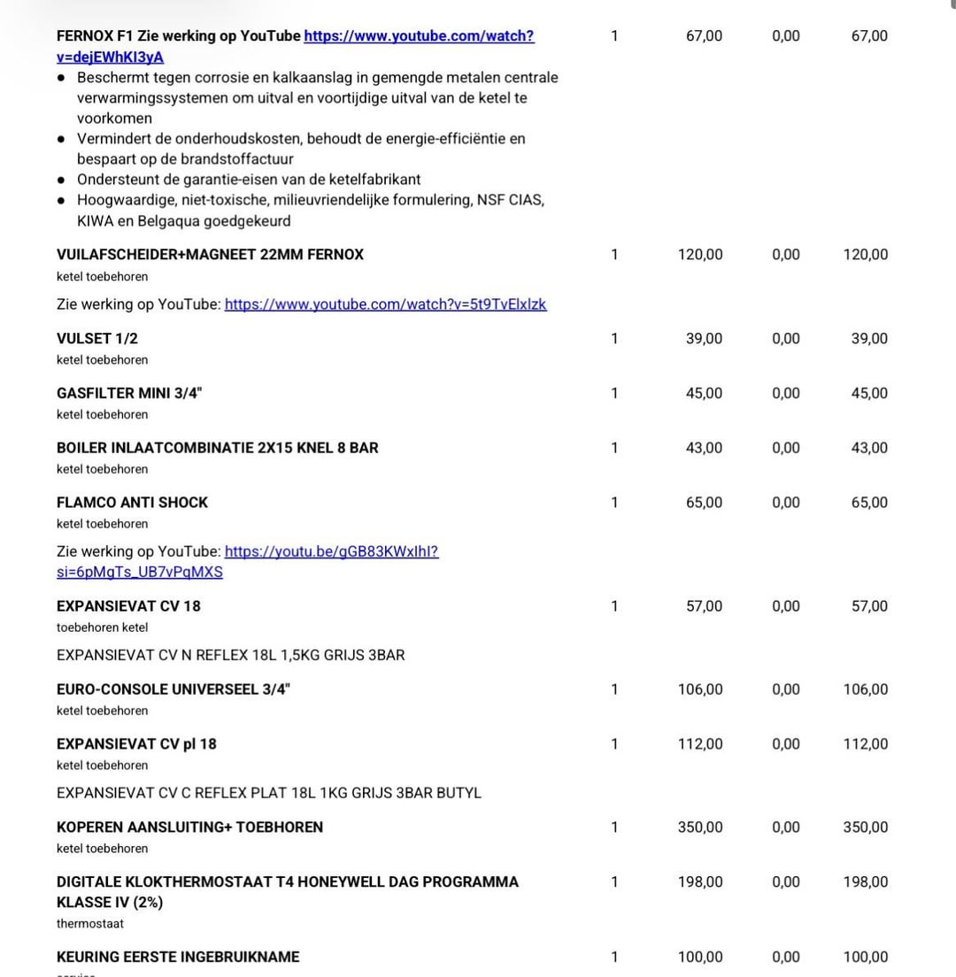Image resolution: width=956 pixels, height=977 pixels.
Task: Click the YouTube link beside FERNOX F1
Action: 418,36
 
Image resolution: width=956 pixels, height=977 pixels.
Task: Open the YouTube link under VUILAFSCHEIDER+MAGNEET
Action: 385,304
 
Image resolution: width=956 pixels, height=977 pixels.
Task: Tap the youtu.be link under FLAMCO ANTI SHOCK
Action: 331,551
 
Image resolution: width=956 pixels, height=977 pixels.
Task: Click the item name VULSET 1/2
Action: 97,338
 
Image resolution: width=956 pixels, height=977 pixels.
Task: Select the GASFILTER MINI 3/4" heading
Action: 129,393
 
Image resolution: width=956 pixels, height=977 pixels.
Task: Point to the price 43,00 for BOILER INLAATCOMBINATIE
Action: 704,448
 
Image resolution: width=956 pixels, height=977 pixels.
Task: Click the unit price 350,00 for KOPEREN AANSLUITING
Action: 700,827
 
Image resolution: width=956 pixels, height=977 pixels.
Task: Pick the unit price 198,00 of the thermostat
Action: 700,881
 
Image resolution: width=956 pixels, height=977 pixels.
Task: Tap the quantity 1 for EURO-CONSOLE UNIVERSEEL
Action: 614,689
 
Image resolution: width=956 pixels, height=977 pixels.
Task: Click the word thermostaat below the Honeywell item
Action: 90,923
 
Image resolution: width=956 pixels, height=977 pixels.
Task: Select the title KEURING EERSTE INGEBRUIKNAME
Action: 178,957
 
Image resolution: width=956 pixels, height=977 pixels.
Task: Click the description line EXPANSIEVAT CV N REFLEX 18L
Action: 230,655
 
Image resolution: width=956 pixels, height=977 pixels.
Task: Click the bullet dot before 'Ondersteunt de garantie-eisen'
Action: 61,180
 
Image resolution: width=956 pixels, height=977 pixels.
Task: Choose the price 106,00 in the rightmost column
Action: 865,689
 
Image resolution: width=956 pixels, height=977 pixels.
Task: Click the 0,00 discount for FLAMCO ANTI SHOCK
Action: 785,503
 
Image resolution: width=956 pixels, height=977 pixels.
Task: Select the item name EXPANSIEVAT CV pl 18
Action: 136,743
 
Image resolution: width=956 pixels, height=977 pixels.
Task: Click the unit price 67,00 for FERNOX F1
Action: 704,36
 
